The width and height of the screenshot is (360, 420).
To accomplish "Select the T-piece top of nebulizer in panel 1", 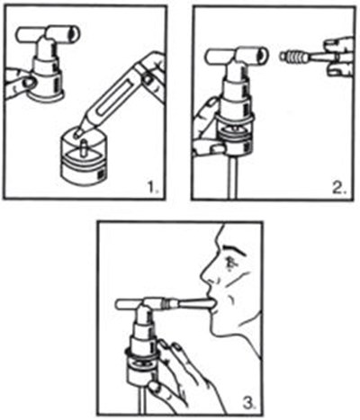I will point(50,35).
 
